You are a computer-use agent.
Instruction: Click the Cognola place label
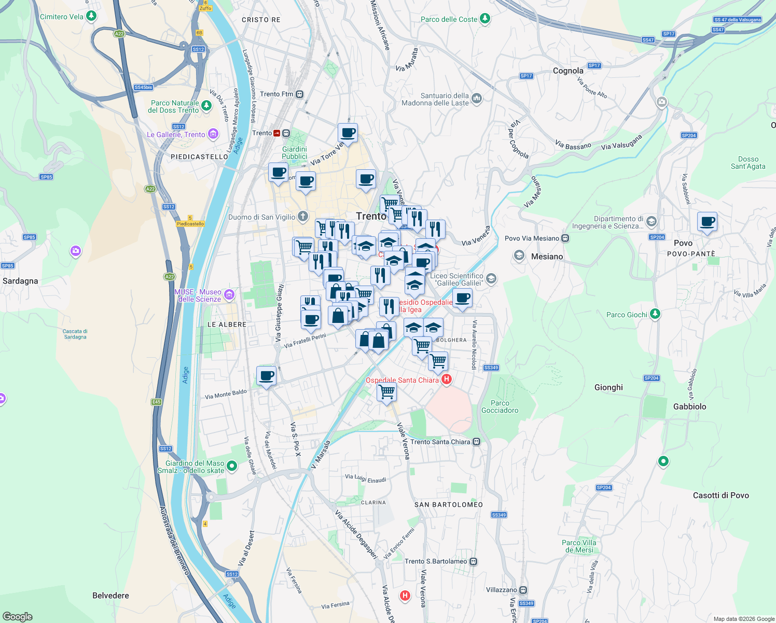(568, 71)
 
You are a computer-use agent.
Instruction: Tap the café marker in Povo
(707, 222)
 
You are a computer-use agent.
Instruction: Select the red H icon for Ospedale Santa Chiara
(446, 380)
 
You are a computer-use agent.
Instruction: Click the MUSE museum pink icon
(229, 295)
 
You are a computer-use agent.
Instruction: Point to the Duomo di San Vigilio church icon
(303, 216)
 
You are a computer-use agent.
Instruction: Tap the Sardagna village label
(20, 281)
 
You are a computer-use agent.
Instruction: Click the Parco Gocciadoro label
(500, 407)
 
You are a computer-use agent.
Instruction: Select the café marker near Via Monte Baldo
(266, 375)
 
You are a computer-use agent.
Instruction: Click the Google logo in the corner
(18, 616)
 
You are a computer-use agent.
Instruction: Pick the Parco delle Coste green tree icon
(485, 19)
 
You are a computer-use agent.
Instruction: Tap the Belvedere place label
(110, 595)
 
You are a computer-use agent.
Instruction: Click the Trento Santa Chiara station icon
(477, 442)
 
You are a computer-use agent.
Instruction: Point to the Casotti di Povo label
(720, 495)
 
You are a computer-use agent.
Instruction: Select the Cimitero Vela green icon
(91, 16)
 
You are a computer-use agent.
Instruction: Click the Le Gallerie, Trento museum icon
(213, 134)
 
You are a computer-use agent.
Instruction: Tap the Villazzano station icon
(523, 590)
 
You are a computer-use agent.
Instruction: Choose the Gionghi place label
(608, 387)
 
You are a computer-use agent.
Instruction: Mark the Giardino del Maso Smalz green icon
(232, 466)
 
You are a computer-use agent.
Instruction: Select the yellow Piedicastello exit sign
(190, 224)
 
